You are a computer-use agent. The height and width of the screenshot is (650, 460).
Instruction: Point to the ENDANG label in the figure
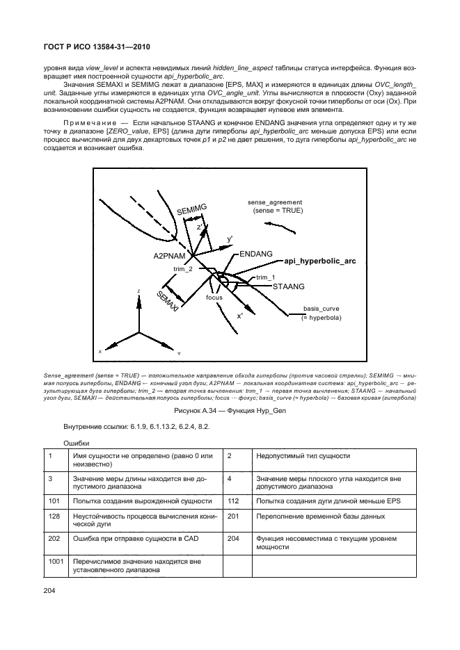coord(255,255)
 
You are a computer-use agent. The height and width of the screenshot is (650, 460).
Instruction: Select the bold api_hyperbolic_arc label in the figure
coord(320,261)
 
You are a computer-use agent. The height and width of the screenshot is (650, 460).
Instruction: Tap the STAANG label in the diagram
coord(289,286)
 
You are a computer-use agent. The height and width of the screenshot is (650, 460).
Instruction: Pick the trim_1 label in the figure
coord(265,277)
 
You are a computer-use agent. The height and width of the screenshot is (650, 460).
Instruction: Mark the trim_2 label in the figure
coord(183,268)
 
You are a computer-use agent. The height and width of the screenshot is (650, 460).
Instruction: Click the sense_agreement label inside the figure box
coord(277,202)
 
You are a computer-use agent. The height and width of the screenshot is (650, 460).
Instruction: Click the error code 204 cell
coord(234,538)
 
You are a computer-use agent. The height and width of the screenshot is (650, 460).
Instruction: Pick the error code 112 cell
coord(234,501)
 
